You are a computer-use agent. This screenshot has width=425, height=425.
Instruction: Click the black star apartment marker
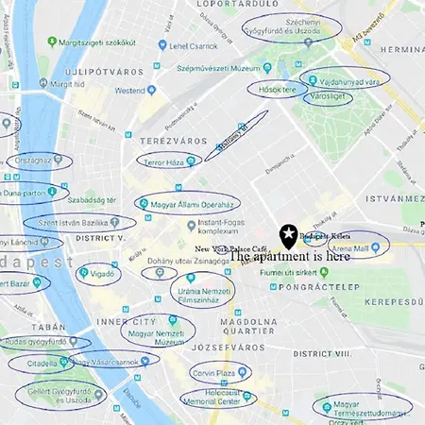(x=288, y=233)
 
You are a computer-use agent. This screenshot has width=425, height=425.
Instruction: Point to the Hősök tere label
(x=277, y=90)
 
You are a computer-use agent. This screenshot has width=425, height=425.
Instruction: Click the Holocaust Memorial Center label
(x=216, y=397)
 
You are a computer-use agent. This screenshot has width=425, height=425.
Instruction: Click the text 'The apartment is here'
(x=290, y=256)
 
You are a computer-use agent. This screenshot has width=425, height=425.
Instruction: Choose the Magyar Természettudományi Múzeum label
(x=363, y=407)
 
